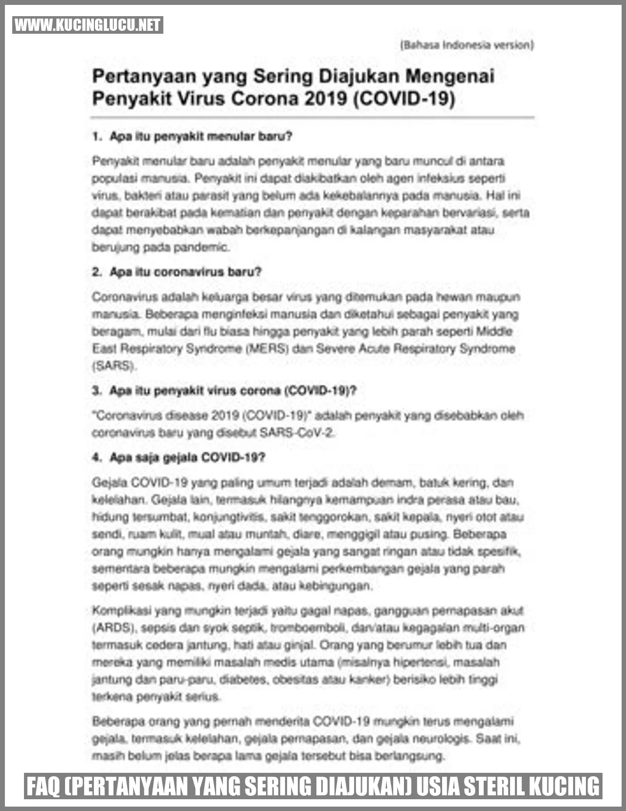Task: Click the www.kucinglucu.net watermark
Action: click(88, 25)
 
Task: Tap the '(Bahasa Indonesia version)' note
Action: click(467, 46)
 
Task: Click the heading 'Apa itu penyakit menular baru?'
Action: click(201, 137)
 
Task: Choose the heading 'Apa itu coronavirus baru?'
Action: click(185, 272)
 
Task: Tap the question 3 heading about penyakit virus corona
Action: click(233, 391)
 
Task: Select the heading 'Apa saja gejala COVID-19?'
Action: click(187, 458)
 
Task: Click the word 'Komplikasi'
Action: click(120, 611)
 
